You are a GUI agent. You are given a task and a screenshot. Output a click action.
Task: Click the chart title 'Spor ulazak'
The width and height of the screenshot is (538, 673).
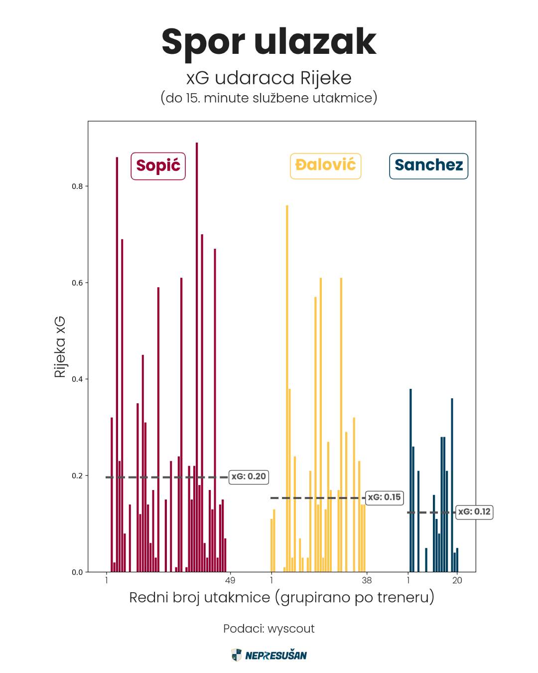pos(269,41)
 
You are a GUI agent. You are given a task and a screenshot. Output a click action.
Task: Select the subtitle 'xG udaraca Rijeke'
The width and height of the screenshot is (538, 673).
pos(269,78)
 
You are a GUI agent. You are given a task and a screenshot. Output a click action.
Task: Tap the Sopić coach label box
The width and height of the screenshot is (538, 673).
pos(158,166)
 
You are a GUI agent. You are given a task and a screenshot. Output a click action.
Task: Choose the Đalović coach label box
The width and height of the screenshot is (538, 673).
pos(325,166)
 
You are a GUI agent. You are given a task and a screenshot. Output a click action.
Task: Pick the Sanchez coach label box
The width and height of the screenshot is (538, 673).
pos(428,166)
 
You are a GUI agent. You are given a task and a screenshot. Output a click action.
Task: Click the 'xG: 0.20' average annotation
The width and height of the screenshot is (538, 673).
pos(249,477)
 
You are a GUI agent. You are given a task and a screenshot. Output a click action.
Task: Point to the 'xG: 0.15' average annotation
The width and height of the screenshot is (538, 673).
pos(384,497)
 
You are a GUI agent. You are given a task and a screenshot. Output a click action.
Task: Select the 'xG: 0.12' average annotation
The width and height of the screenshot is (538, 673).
pos(474,511)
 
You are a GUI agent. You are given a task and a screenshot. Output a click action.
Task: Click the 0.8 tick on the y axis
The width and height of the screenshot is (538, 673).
pos(77,186)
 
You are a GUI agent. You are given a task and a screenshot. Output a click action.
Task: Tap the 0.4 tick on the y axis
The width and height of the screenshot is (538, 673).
pos(77,379)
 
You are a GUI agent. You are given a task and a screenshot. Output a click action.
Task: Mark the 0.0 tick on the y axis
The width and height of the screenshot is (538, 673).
pos(77,572)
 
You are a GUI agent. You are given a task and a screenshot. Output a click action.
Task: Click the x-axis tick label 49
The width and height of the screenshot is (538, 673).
pos(230,580)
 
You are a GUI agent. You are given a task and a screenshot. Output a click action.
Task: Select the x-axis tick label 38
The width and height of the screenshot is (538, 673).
pos(367,580)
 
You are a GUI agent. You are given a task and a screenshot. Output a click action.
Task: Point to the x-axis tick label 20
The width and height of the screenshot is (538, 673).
pos(457,580)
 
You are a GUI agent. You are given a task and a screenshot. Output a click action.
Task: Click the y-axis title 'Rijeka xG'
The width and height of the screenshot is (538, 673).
pos(60,346)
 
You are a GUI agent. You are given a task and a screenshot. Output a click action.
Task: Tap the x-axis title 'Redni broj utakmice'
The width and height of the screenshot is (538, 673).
pos(281,597)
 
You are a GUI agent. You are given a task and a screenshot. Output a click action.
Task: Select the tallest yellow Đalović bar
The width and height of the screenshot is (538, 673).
pos(287,389)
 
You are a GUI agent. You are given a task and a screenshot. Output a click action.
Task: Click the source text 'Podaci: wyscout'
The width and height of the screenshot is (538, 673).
pos(269,629)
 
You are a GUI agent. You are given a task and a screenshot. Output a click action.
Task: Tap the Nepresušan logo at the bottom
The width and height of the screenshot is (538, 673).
pos(269,655)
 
